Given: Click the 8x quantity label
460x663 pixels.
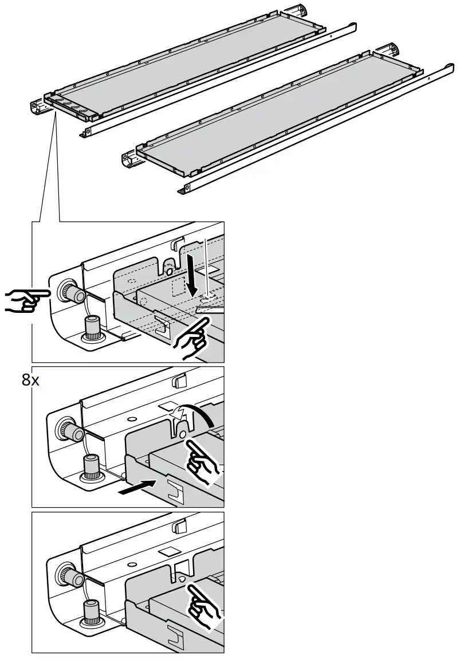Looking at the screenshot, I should (30, 380).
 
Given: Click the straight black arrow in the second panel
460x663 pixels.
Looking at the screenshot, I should (137, 487).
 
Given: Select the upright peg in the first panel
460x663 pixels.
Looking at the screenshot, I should (92, 328).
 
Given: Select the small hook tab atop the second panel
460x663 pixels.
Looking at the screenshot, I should (179, 380).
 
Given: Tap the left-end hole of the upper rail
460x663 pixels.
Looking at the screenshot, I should (87, 132).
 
